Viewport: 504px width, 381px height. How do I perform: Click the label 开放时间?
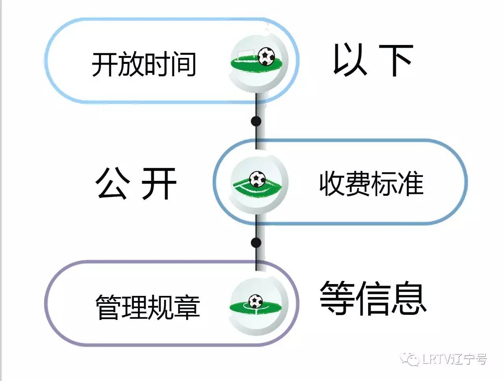point(144,65)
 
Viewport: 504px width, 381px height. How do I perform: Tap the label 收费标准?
point(371,183)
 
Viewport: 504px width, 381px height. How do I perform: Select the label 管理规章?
point(148,307)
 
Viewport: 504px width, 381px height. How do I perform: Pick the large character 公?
point(113,183)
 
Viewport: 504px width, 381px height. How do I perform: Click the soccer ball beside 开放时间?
point(267,56)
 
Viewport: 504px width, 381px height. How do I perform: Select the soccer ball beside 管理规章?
point(256,301)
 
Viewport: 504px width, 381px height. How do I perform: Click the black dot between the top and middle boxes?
point(256,121)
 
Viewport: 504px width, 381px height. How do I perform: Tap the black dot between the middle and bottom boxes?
point(256,242)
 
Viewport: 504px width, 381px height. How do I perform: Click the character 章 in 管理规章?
point(187,307)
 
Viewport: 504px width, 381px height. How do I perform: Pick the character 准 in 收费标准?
point(410,183)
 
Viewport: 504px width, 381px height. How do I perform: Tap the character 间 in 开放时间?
point(183,65)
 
